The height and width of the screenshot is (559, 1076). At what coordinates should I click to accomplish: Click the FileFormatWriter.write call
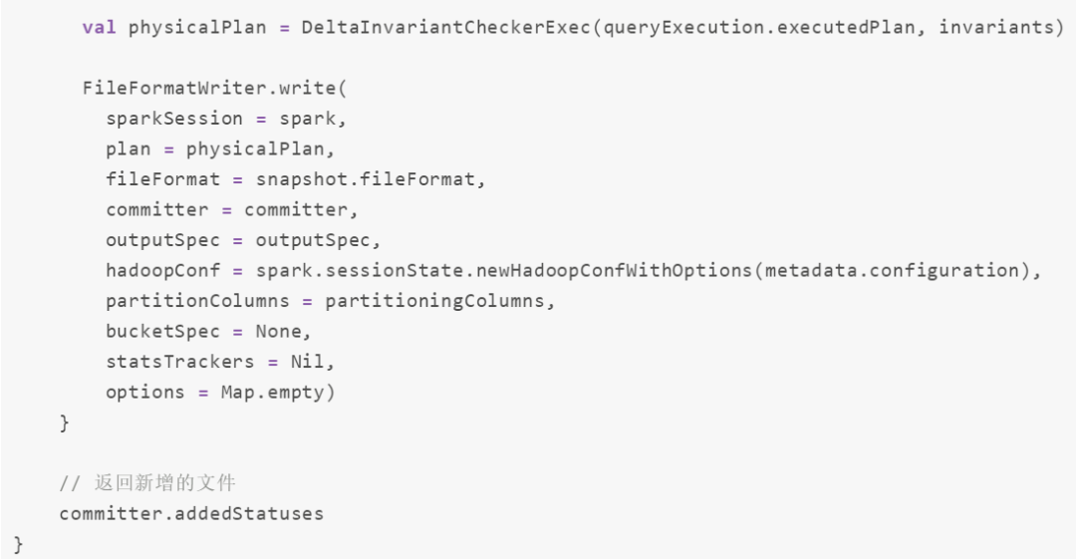(213, 89)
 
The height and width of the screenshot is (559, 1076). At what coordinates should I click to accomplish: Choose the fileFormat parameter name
(162, 179)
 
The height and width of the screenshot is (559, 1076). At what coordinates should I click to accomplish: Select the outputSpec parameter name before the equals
(162, 240)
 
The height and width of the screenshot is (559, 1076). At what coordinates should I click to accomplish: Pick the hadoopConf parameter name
(162, 271)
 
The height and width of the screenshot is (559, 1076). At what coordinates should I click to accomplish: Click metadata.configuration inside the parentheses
(890, 271)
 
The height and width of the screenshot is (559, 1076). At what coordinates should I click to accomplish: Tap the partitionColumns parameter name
(197, 301)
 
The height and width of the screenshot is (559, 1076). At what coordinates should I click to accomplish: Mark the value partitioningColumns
(435, 301)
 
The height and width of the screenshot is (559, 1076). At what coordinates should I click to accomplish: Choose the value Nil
(306, 362)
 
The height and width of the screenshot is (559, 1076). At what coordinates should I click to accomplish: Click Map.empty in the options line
(272, 393)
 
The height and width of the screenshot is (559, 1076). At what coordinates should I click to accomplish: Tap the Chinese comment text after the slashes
(164, 484)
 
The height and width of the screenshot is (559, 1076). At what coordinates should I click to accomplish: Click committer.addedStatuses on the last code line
(191, 514)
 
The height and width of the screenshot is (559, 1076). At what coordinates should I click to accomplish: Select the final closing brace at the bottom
(17, 544)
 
